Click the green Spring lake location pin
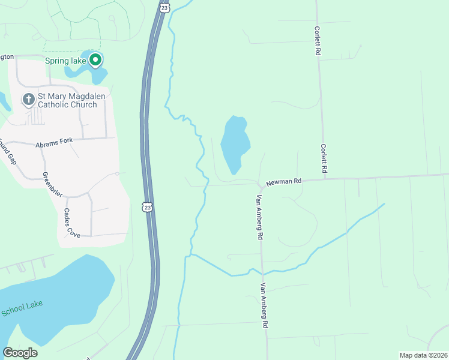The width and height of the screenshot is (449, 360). (95, 60)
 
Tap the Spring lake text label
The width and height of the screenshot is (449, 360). (66, 61)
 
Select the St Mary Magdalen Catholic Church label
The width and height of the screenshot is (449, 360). (67, 100)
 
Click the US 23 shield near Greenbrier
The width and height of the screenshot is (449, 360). (148, 207)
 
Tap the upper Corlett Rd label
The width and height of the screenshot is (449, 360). (316, 40)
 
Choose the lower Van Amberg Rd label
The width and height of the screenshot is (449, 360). (264, 305)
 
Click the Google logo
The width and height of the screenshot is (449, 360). (20, 352)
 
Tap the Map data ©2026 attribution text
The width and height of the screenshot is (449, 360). (423, 355)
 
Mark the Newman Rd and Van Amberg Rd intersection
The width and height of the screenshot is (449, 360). (259, 184)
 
